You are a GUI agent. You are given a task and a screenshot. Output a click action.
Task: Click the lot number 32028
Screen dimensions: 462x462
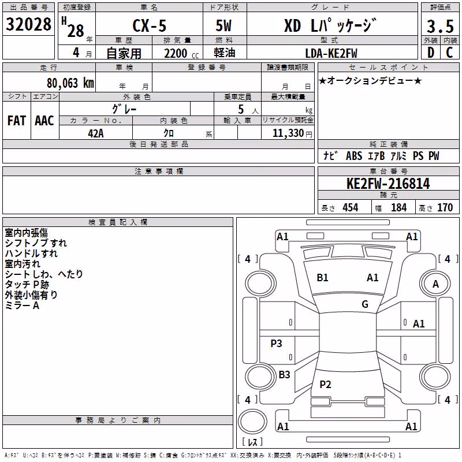click(28, 24)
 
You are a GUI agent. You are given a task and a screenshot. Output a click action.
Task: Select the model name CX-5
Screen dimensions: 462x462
click(150, 25)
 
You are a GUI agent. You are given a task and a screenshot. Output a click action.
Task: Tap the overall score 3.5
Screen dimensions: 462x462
click(440, 26)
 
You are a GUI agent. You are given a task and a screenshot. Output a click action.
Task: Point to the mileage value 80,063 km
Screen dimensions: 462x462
click(70, 83)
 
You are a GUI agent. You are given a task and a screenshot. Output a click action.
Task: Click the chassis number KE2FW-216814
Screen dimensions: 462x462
click(388, 184)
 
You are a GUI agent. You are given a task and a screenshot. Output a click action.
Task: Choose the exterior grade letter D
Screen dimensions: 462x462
click(431, 53)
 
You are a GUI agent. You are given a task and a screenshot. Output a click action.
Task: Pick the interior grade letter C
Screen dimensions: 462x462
click(449, 53)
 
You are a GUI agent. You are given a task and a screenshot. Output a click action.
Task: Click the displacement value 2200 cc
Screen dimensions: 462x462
click(181, 54)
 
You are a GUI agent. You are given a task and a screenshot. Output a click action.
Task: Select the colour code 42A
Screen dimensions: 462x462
click(96, 133)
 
